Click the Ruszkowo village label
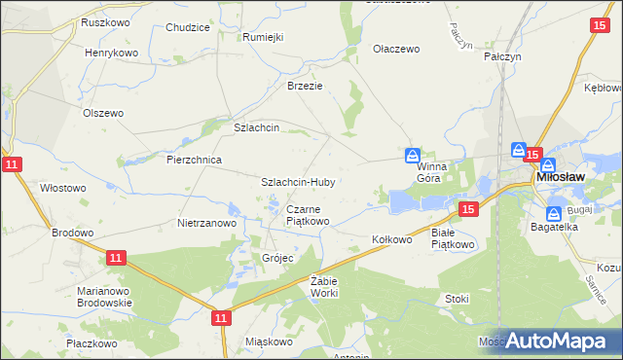tap(106, 21)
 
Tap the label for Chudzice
tap(188, 27)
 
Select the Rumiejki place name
tap(263, 37)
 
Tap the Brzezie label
tap(304, 85)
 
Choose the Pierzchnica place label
tap(195, 160)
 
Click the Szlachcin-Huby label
tap(298, 182)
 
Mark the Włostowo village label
tap(63, 188)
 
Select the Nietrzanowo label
tap(207, 223)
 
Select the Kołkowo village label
tap(393, 239)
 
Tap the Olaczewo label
tap(396, 48)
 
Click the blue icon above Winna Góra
tap(413, 156)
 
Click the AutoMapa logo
tap(557, 342)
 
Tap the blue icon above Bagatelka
tap(554, 213)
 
